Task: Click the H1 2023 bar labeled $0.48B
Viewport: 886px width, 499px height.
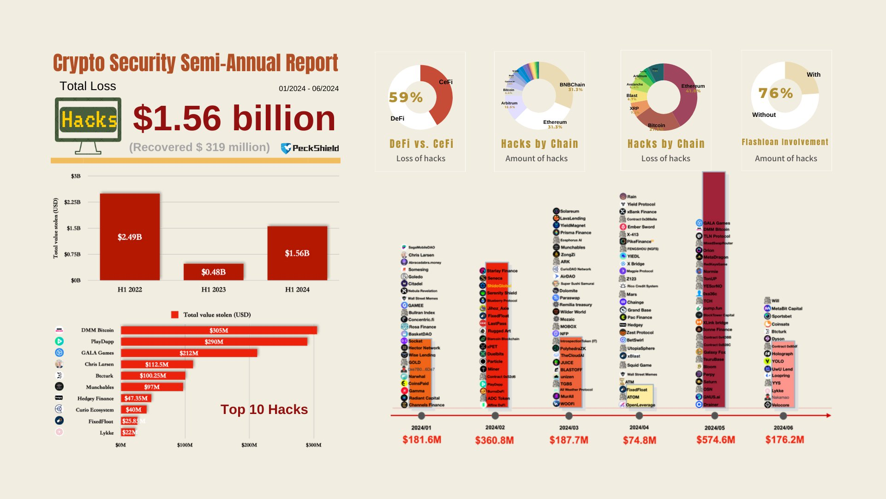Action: (213, 272)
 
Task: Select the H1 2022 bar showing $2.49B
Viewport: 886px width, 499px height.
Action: (130, 237)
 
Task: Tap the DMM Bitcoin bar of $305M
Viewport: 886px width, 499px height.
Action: (219, 330)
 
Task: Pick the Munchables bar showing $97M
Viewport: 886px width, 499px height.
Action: (152, 387)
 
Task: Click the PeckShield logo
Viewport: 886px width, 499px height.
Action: (310, 148)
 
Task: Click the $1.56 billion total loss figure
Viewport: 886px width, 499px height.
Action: (234, 118)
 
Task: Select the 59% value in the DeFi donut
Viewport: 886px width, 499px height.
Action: (406, 97)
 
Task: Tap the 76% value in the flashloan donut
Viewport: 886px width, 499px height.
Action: (776, 93)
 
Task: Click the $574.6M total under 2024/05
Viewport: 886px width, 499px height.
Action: (716, 440)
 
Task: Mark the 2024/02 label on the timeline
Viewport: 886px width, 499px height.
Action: (495, 427)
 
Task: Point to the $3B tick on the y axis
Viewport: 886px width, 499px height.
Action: (76, 176)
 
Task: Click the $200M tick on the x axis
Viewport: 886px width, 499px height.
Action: (249, 445)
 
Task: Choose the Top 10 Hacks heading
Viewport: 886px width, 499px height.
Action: (264, 409)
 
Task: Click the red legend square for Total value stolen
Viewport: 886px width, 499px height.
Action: (175, 315)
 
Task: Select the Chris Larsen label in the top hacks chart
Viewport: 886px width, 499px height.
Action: (99, 364)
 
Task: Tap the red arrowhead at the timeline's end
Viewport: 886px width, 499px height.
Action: (829, 415)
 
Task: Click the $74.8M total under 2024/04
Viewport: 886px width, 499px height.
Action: (640, 440)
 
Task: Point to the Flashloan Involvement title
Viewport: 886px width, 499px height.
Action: (785, 142)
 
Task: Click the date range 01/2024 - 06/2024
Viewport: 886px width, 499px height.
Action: (309, 89)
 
